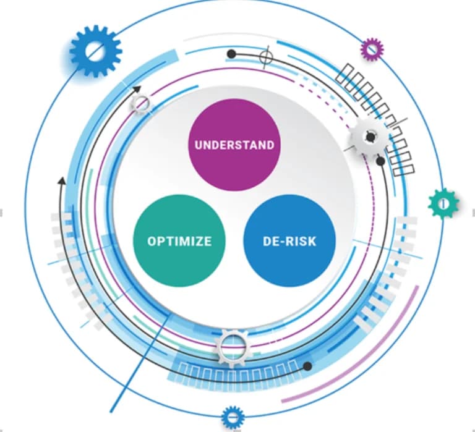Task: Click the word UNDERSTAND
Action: pyautogui.click(x=234, y=145)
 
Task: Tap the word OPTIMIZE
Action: pyautogui.click(x=179, y=241)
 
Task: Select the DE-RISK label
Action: pyautogui.click(x=289, y=241)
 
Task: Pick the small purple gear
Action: pyautogui.click(x=372, y=49)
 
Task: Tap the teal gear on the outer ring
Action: pyautogui.click(x=443, y=203)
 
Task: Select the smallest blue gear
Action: pyautogui.click(x=233, y=418)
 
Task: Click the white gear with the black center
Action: pyautogui.click(x=370, y=137)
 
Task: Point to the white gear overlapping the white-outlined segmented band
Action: pyautogui.click(x=233, y=347)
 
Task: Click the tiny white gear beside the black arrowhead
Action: pyautogui.click(x=142, y=104)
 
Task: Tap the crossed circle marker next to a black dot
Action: pyautogui.click(x=265, y=57)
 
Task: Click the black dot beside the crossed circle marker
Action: pyautogui.click(x=231, y=54)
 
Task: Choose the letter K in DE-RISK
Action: pyautogui.click(x=312, y=241)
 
